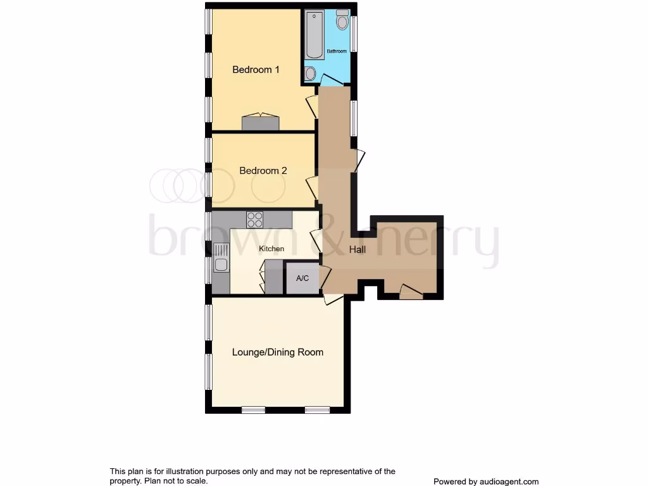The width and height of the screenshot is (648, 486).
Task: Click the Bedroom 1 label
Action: pyautogui.click(x=256, y=70)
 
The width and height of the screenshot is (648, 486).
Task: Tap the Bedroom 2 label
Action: pyautogui.click(x=263, y=171)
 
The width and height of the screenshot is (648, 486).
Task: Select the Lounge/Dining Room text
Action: pyautogui.click(x=278, y=352)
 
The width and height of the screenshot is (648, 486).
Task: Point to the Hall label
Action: pyautogui.click(x=358, y=250)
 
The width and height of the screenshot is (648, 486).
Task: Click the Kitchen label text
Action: pyautogui.click(x=271, y=249)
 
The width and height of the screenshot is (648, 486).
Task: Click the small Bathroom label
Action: pyautogui.click(x=337, y=51)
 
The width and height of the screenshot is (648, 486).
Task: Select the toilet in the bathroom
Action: pyautogui.click(x=342, y=21)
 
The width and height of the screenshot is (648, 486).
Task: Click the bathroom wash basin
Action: pyautogui.click(x=309, y=75)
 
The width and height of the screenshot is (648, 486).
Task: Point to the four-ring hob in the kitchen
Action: pyautogui.click(x=255, y=220)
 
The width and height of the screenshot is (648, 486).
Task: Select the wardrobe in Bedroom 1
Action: pyautogui.click(x=260, y=122)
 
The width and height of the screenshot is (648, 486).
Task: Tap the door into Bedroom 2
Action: pyautogui.click(x=311, y=188)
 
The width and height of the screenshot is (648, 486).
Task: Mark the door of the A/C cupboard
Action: pyautogui.click(x=325, y=277)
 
